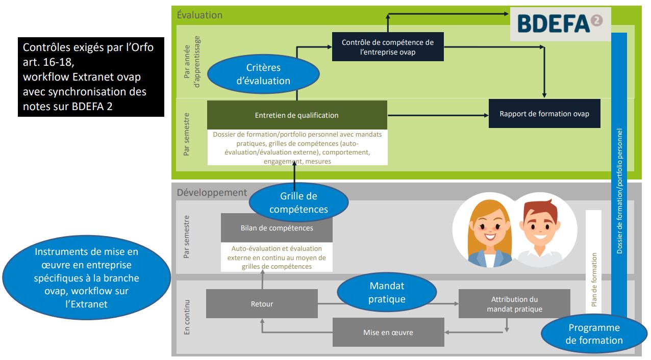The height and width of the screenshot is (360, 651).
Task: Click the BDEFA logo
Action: tap(560, 23)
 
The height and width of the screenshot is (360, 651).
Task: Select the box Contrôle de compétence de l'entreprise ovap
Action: tap(387, 46)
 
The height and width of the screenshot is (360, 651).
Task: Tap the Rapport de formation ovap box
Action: tap(544, 114)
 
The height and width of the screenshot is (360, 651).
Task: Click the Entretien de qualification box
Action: tap(297, 115)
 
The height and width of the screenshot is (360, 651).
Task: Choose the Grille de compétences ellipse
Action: tap(298, 202)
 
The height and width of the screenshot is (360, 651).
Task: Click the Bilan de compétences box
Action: tap(277, 228)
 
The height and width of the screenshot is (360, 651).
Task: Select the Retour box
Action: tap(262, 304)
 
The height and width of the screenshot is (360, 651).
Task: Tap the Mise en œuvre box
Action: tap(388, 332)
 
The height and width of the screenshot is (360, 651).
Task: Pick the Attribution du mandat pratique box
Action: tap(514, 304)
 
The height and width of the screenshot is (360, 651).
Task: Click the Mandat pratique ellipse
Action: tap(387, 292)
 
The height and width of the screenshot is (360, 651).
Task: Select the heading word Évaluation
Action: tap(199, 15)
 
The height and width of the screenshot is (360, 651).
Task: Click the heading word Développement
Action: tap(212, 193)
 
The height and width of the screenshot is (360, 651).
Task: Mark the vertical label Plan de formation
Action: tap(594, 280)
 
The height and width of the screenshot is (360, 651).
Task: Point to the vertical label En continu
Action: tap(186, 318)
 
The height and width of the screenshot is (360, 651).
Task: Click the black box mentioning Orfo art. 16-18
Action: tap(91, 77)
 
